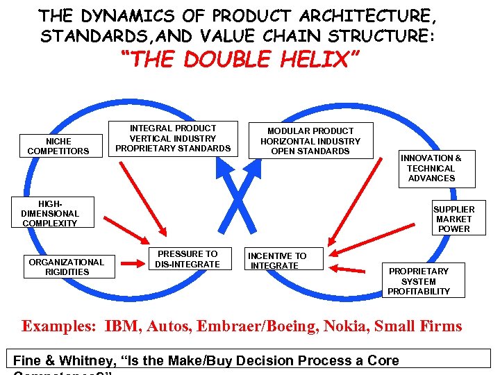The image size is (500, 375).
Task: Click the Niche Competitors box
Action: (58, 147)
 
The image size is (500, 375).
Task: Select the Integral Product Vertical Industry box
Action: (173, 138)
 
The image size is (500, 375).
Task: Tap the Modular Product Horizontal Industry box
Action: (310, 141)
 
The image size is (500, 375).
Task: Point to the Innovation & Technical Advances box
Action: (437, 169)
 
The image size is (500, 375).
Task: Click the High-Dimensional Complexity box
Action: (50, 213)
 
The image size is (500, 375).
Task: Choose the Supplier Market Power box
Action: (453, 219)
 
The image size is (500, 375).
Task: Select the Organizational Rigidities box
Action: (67, 267)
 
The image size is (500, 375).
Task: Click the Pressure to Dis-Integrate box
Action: (187, 259)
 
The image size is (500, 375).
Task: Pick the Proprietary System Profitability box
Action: (419, 281)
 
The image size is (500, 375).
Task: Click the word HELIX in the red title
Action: (308, 60)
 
